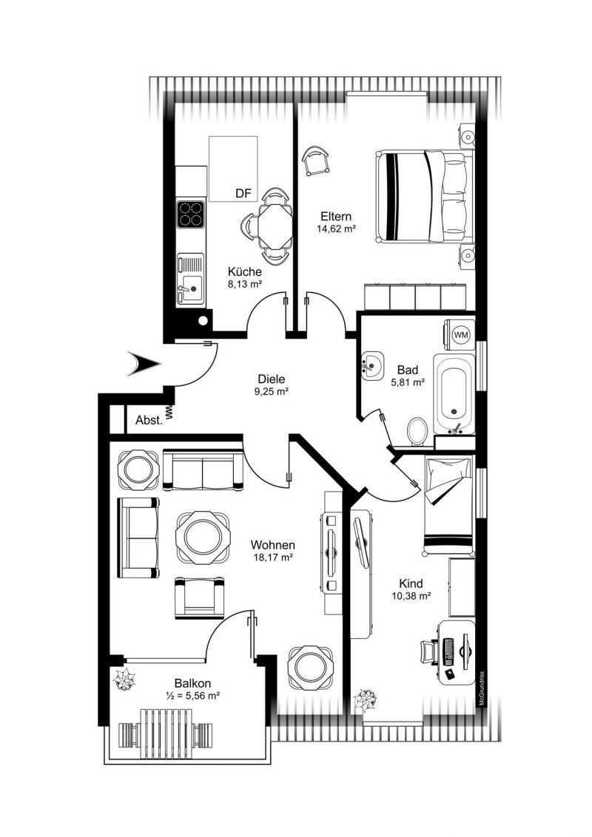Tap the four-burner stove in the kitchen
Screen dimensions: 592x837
(191, 214)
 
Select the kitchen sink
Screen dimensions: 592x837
(190, 278)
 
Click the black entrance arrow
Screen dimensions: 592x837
(144, 364)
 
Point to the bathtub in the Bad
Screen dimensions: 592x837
(454, 393)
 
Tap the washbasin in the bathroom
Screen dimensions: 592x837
(372, 366)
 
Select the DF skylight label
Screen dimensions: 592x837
(243, 193)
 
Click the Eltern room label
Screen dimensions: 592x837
(336, 216)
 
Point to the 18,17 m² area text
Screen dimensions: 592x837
(273, 558)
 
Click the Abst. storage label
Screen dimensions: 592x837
(149, 420)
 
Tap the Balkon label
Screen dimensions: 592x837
(192, 683)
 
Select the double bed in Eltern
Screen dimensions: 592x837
(425, 196)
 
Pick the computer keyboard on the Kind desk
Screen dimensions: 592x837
(448, 651)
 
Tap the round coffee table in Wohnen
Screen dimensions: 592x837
(203, 538)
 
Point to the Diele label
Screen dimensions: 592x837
(272, 379)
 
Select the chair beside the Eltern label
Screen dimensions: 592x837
(315, 161)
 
